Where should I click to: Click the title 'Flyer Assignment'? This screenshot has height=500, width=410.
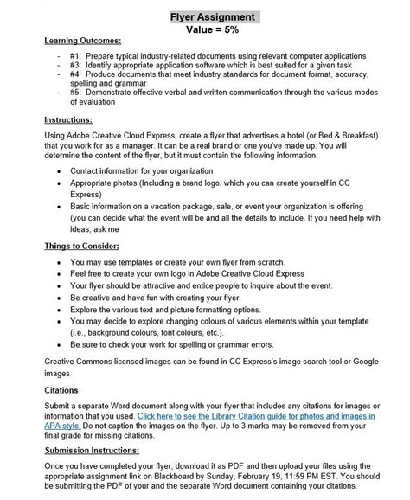click(205, 17)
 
